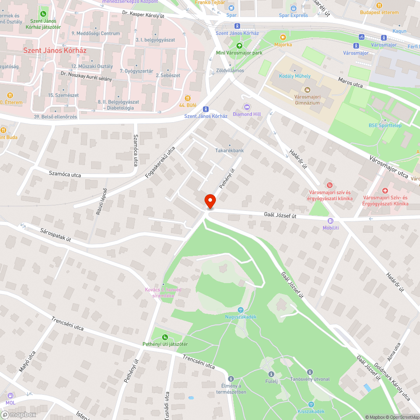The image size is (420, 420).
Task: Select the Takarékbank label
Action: pyautogui.click(x=229, y=150)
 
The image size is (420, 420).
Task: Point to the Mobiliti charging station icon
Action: pyautogui.click(x=331, y=220)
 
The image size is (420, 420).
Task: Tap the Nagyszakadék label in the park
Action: pyautogui.click(x=241, y=317)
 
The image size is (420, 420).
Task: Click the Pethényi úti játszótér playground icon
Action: pyautogui.click(x=165, y=337)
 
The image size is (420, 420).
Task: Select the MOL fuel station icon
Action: pyautogui.click(x=10, y=396)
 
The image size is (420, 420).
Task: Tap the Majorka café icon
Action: pyautogui.click(x=283, y=37)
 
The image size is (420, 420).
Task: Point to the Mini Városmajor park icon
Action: pyautogui.click(x=239, y=46)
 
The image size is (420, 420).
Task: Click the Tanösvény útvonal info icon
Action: pyautogui.click(x=310, y=372)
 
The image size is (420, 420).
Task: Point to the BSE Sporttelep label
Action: pyautogui.click(x=385, y=125)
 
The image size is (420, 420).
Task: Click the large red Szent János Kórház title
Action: pyautogui.click(x=55, y=50)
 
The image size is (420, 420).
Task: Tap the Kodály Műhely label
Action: pyautogui.click(x=295, y=76)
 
